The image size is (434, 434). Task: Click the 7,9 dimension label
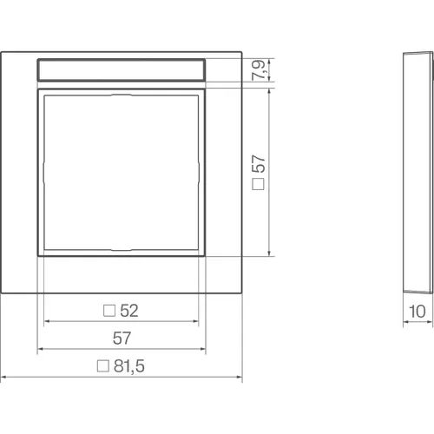coord(259,69)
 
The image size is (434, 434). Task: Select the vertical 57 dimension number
coord(259,164)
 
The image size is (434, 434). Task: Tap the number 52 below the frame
coord(129,311)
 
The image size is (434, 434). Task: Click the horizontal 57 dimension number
coord(122,338)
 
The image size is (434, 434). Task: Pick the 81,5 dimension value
coord(129,366)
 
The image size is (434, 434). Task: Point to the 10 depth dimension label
coord(418,312)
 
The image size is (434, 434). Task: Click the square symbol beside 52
coord(109,311)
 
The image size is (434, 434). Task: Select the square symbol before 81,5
coord(103,366)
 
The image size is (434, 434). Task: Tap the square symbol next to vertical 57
coord(258,184)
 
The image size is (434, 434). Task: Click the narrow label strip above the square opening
coord(122,69)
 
